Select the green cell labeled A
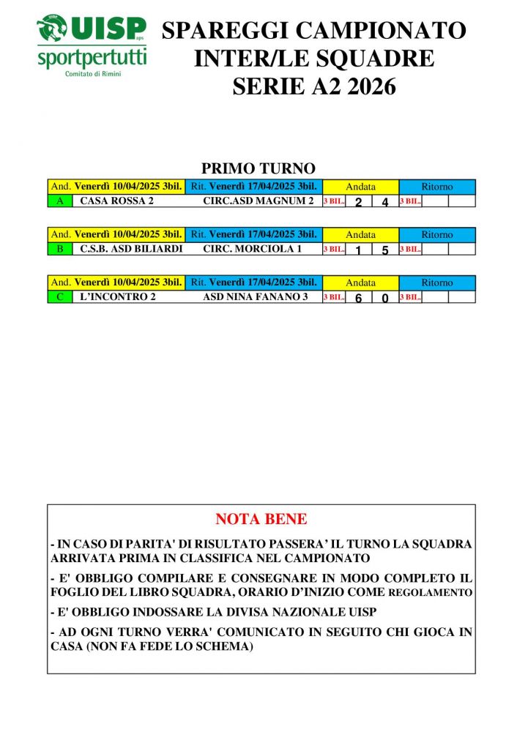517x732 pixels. click(59, 201)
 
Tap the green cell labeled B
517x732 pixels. click(59, 249)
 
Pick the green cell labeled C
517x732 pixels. click(59, 297)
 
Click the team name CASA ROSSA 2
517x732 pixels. click(116, 201)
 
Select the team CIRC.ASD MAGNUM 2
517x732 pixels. click(258, 201)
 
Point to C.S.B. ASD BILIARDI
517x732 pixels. click(122, 249)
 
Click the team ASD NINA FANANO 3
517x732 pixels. click(255, 297)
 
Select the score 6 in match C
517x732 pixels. click(358, 299)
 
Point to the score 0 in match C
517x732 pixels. click(385, 299)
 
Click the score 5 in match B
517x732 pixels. click(385, 250)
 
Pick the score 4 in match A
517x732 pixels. click(385, 203)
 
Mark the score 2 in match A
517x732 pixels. click(358, 203)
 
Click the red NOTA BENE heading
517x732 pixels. click(261, 520)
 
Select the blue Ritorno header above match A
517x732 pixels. click(437, 187)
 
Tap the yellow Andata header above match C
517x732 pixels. click(360, 283)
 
